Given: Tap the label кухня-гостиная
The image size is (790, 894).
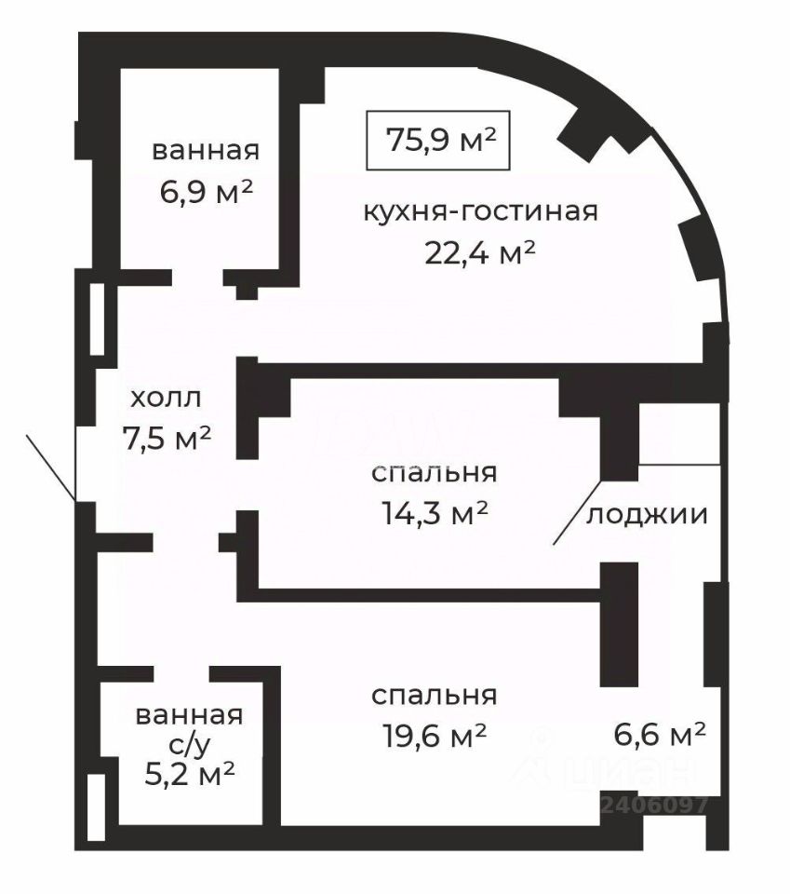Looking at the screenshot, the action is tap(481, 211).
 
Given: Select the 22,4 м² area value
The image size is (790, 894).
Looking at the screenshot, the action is tap(480, 252).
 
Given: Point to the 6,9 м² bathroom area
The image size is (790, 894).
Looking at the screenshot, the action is tap(206, 192).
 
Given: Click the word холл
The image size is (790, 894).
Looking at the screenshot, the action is tap(166, 398).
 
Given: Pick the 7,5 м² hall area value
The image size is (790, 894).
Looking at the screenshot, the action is tap(167, 438).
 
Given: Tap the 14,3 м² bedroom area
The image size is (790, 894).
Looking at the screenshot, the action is tap(435, 513).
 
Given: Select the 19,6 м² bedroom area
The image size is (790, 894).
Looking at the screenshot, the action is tap(434, 736).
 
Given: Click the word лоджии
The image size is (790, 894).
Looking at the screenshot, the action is tap(647, 515).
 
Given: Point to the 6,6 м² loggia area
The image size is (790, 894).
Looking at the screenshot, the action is tap(660, 733).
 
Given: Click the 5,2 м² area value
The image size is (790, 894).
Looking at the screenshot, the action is tap(190, 774).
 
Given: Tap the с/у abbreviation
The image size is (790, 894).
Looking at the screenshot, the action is tap(190, 744).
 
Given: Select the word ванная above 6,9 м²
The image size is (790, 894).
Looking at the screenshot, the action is tap(206, 151).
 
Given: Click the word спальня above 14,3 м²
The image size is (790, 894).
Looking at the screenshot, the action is tap(434, 473).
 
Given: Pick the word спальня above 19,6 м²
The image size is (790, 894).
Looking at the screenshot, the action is tap(434, 695).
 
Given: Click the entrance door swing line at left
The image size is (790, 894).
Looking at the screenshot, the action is tap(51, 467).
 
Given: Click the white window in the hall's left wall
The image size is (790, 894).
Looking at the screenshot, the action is tap(97, 318).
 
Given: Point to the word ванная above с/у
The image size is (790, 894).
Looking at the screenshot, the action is tap(189, 715).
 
